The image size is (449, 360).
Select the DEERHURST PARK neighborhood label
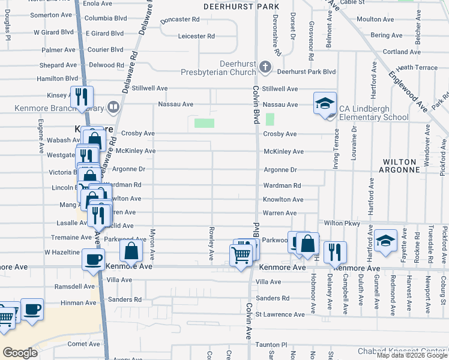(241, 6)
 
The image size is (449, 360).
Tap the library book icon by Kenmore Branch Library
(113, 107)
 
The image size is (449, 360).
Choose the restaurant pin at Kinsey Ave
(82, 97)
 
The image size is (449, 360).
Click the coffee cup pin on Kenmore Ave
(92, 259)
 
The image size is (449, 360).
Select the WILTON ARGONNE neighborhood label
(400, 166)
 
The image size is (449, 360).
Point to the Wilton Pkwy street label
(342, 223)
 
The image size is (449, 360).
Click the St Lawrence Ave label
(280, 314)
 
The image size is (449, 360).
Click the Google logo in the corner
(20, 353)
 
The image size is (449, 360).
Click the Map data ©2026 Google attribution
(411, 355)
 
